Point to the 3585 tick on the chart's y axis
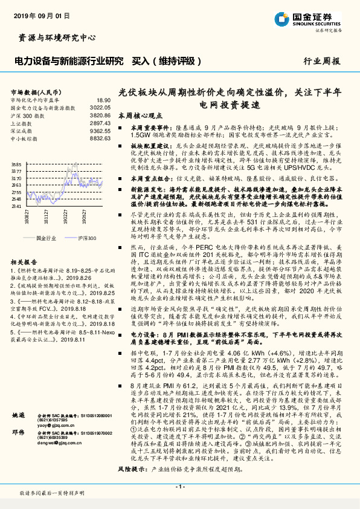[16, 164]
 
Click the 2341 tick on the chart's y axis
[16, 206]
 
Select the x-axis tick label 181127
[47, 216]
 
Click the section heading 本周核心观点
[140, 115]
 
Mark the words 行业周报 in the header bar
[321, 61]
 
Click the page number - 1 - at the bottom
[179, 487]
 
